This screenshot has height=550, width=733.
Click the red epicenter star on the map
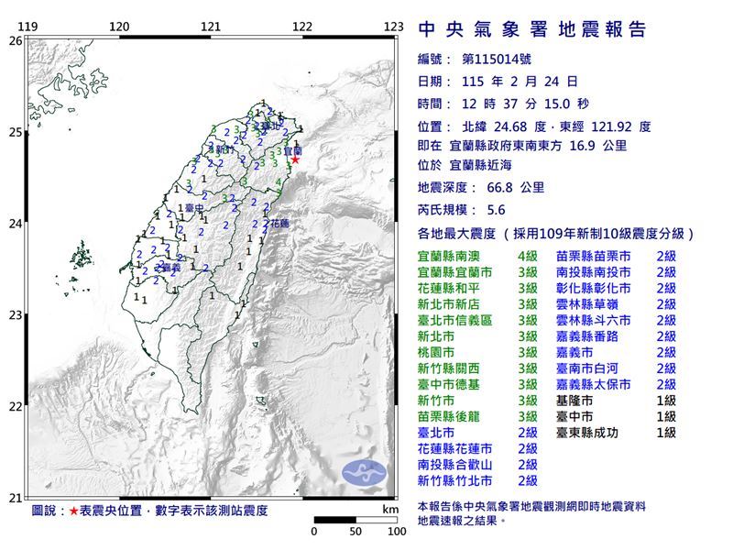click(295, 159)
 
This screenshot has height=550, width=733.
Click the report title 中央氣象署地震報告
click(532, 30)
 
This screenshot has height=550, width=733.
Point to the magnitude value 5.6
click(487, 208)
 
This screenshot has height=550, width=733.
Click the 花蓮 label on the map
click(277, 223)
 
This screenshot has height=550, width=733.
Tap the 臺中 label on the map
click(192, 209)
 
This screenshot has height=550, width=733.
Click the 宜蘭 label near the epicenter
click(293, 148)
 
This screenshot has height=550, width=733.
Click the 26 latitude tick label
click(15, 40)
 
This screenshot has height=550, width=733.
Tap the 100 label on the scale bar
click(396, 531)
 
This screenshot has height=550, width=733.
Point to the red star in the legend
click(73, 509)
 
